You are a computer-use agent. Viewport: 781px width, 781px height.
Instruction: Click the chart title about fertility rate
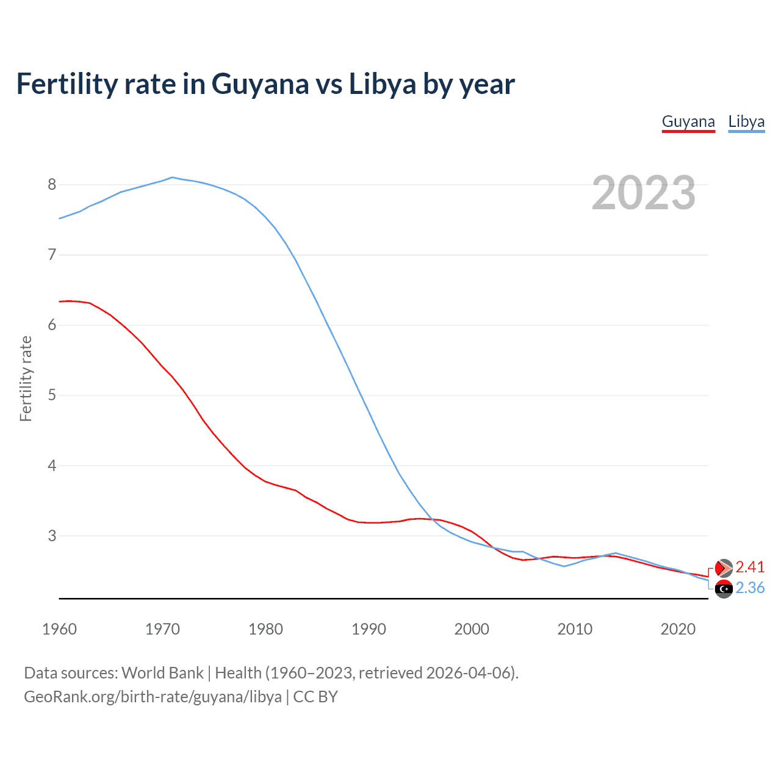pos(265,84)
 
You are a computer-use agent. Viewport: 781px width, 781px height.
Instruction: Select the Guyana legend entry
pos(688,121)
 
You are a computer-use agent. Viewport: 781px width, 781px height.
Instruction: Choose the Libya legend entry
pos(746,121)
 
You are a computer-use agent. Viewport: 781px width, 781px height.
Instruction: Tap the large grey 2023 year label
pos(644,193)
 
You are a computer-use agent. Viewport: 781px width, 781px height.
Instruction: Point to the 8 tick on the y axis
pos(52,184)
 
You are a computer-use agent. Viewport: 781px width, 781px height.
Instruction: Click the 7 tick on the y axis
pos(52,254)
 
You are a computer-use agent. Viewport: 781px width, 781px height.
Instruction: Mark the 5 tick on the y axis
pos(52,395)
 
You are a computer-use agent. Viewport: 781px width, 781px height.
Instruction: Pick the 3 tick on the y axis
pos(52,536)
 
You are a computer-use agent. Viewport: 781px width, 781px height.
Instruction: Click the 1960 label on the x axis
pos(59,629)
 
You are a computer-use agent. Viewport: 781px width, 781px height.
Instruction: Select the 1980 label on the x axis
pos(265,629)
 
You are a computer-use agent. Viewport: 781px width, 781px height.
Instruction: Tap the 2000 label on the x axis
pos(472,629)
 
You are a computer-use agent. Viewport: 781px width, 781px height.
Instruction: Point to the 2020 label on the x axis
pos(678,629)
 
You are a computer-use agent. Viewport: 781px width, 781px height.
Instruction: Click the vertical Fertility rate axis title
pos(26,378)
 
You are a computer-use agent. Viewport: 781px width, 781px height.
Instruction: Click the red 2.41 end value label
pos(750,567)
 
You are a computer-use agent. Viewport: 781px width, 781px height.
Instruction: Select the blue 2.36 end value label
pos(750,588)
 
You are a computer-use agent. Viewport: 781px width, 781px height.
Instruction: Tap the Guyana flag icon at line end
pos(724,568)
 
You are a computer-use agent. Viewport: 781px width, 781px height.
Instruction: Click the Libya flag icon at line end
pos(724,589)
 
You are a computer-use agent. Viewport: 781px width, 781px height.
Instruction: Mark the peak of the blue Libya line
pos(173,178)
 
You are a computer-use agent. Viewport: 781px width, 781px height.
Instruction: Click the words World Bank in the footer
pos(162,672)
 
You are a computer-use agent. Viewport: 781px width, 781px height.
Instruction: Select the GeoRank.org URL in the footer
pos(153,697)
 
